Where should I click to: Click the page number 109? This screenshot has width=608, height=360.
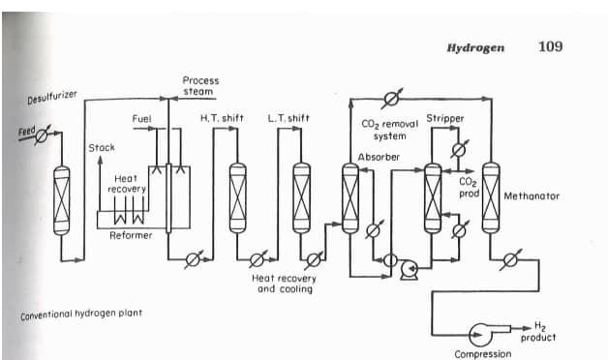pyautogui.click(x=550, y=46)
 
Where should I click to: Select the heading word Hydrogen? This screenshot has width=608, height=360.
pyautogui.click(x=474, y=47)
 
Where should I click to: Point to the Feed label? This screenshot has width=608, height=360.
pyautogui.click(x=27, y=129)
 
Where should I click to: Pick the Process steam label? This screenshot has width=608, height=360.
pyautogui.click(x=199, y=86)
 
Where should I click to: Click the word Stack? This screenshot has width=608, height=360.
pyautogui.click(x=102, y=147)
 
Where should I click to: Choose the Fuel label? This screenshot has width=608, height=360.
pyautogui.click(x=141, y=119)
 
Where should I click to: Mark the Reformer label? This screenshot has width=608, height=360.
pyautogui.click(x=130, y=235)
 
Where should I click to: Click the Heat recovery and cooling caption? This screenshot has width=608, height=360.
pyautogui.click(x=284, y=284)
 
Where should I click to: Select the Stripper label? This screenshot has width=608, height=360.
pyautogui.click(x=445, y=118)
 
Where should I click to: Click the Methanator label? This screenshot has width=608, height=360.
pyautogui.click(x=532, y=195)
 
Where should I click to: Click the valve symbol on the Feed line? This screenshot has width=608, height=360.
pyautogui.click(x=41, y=136)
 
